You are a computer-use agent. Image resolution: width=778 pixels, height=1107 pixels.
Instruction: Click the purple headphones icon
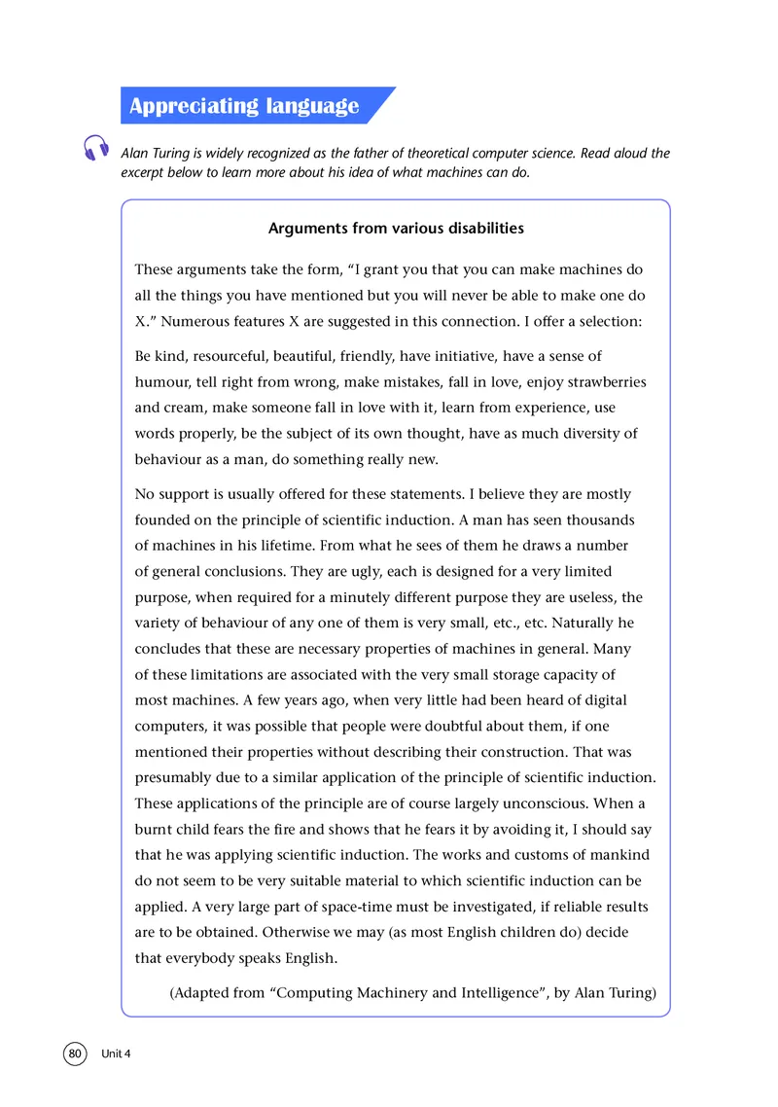click(96, 148)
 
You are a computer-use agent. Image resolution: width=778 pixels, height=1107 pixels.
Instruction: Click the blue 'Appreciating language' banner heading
click(244, 106)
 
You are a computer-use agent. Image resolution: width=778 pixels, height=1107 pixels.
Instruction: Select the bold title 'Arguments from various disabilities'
click(396, 229)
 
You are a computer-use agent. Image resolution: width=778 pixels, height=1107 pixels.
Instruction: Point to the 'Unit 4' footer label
click(115, 1055)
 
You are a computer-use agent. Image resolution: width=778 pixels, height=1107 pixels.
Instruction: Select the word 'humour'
click(162, 382)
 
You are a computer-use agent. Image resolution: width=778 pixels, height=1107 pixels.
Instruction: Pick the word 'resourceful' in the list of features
click(228, 357)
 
